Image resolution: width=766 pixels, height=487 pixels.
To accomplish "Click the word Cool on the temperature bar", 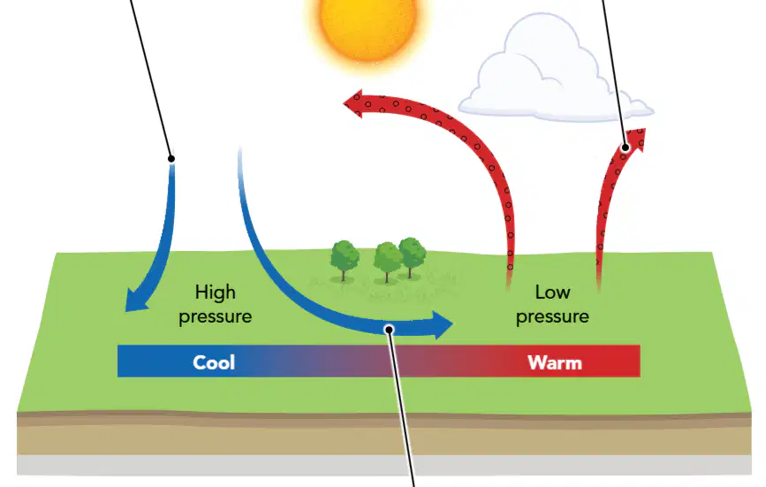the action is click(214, 362).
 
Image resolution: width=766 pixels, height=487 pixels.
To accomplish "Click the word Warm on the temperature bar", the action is click(555, 363).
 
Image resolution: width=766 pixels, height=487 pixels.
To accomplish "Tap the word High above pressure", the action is click(216, 293).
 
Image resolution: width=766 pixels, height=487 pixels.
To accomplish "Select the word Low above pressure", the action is click(552, 292).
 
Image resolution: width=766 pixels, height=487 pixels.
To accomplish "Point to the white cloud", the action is click(552, 73).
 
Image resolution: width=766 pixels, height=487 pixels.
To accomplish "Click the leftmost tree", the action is click(345, 260).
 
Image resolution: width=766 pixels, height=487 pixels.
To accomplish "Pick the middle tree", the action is click(387, 262).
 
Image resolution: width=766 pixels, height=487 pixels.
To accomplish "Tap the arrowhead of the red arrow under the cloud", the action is click(636, 139).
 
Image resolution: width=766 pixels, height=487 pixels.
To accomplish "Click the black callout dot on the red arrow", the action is click(626, 147).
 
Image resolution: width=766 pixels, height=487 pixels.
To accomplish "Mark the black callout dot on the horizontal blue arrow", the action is click(390, 330).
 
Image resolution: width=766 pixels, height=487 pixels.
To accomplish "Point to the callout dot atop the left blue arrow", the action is click(171, 159).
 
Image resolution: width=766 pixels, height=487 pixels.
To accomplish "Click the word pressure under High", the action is click(216, 317).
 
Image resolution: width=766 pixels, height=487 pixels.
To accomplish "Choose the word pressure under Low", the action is click(552, 317).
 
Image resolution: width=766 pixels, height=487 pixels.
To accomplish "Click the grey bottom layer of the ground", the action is click(384, 465).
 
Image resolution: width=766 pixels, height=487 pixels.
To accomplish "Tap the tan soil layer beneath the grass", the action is click(384, 439).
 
